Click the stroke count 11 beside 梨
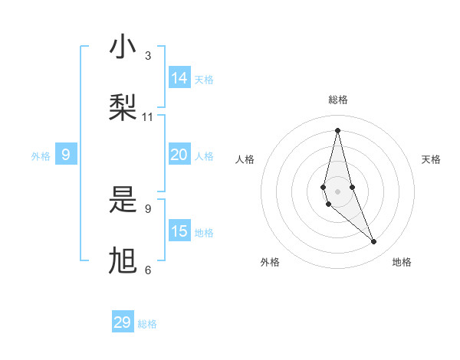(148, 117)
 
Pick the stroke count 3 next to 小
(148, 56)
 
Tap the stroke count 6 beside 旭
(148, 270)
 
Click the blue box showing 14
(179, 77)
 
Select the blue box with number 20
(179, 155)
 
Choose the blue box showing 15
(179, 231)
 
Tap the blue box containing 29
(123, 322)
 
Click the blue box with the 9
(66, 155)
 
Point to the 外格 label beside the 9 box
(41, 156)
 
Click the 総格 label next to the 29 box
(147, 324)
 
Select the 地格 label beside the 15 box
(204, 233)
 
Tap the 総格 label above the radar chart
(337, 100)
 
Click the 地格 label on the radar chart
(402, 262)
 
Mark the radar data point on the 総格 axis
(337, 130)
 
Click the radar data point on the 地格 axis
(374, 242)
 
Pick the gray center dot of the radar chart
(337, 191)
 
